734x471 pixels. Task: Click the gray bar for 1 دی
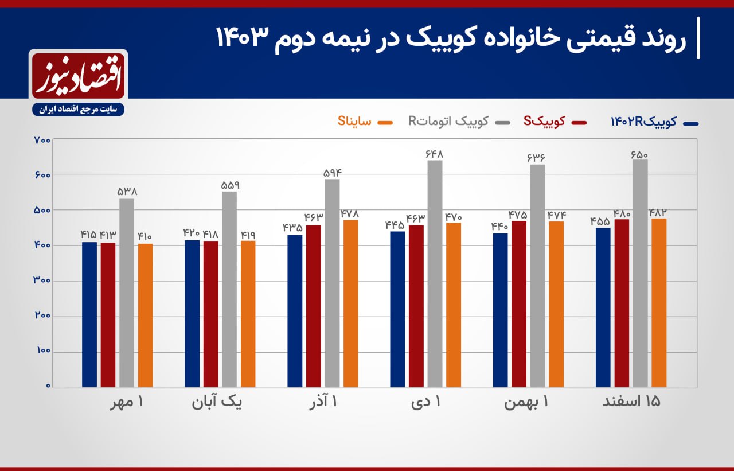click(x=435, y=274)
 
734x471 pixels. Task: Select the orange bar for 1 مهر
click(x=145, y=315)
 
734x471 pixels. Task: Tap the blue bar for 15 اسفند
click(x=603, y=307)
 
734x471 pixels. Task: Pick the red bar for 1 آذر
click(x=313, y=306)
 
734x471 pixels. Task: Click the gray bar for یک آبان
click(x=229, y=289)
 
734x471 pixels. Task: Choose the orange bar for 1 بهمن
click(x=556, y=304)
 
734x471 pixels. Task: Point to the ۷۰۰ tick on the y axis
click(x=43, y=139)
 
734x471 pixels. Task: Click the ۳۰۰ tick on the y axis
click(x=43, y=281)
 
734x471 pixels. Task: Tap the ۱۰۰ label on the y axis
click(x=43, y=351)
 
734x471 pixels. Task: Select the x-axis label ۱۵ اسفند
click(x=631, y=402)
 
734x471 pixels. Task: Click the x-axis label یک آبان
click(x=217, y=402)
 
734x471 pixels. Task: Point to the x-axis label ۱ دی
click(x=426, y=402)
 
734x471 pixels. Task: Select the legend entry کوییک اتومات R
click(x=448, y=121)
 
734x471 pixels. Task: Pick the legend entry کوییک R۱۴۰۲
click(x=643, y=121)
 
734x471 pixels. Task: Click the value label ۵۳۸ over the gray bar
click(x=126, y=192)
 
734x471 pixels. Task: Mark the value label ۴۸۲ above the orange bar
click(x=659, y=212)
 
